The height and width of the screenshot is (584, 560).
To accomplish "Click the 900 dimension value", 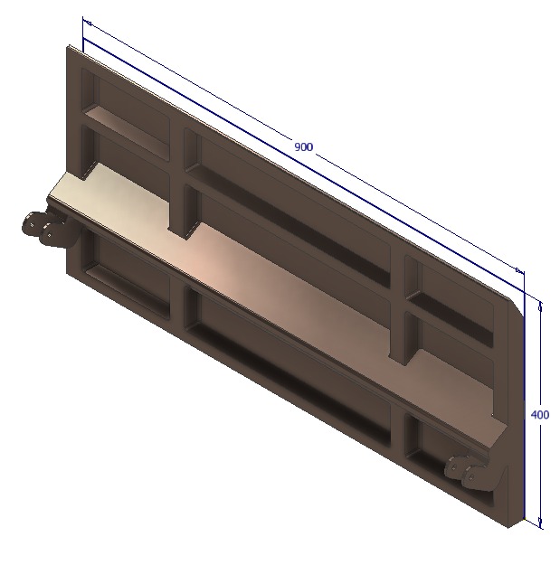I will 303,146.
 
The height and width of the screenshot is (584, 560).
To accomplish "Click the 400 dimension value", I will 539,415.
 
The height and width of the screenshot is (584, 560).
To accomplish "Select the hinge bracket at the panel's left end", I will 43,226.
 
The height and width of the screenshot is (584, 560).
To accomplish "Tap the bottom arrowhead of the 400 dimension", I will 541,522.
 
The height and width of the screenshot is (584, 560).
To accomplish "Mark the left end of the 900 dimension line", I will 84,21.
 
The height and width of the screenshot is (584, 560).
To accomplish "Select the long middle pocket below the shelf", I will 289,362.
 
